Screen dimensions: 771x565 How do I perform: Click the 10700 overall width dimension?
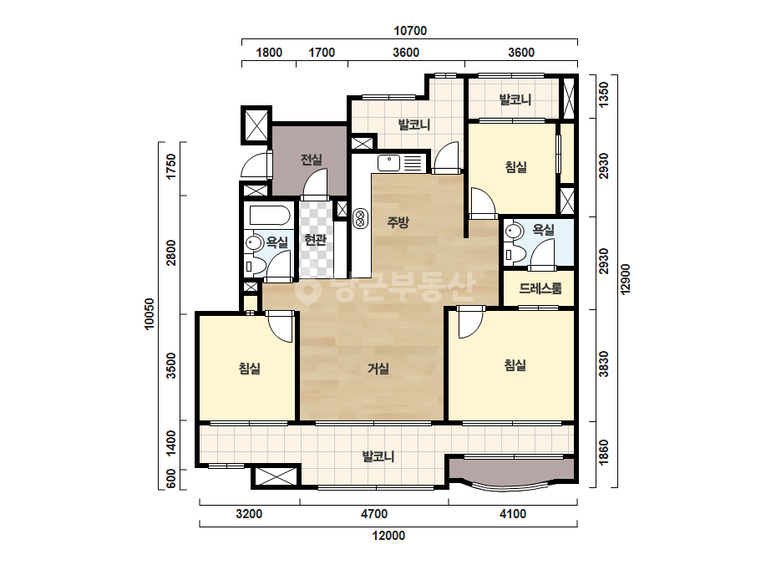pos(410,31)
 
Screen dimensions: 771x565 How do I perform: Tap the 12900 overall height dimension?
pos(625,279)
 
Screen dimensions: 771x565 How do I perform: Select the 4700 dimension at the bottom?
pos(374,514)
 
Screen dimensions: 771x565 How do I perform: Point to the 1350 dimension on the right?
pos(603,94)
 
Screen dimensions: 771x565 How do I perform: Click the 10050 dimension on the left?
pos(150,313)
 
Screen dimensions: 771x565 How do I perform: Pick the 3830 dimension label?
pos(603,364)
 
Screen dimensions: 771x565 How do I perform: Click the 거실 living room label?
pos(378,368)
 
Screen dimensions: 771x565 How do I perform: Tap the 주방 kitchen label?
pos(398,222)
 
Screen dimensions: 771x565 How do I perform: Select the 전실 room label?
pos(312,159)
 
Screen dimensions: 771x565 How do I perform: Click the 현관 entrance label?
pos(315,240)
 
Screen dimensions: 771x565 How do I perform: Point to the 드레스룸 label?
pos(540,288)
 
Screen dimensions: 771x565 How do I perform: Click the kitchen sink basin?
pos(388,163)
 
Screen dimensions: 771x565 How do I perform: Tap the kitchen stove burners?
pos(360,218)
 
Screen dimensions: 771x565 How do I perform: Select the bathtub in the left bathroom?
pos(270,216)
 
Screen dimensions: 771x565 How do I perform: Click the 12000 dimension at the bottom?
pos(388,536)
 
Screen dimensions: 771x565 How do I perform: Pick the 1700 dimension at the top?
pos(322,52)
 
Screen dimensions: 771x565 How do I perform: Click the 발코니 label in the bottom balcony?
pos(378,456)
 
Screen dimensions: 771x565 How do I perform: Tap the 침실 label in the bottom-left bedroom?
pos(249,368)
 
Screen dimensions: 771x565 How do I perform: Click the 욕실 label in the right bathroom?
pos(543,230)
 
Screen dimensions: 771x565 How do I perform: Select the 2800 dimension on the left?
pos(171,252)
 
